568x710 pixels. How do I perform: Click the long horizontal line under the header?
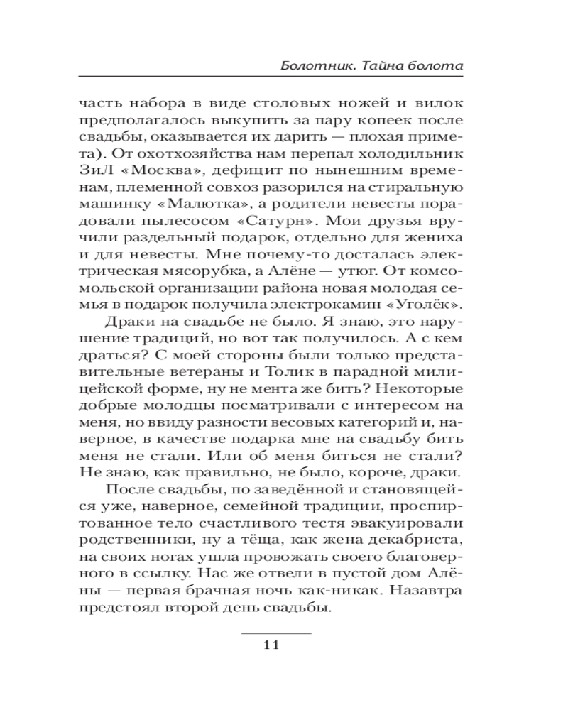tap(271, 76)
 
